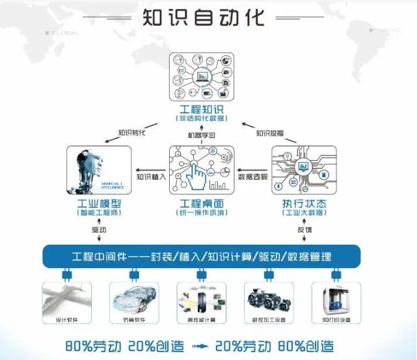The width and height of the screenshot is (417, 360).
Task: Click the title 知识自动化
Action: point(204,17)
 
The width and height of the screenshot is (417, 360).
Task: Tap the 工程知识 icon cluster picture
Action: point(202,77)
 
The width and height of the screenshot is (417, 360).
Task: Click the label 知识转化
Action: point(131,133)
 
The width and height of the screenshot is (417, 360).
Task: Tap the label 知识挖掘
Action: point(270,133)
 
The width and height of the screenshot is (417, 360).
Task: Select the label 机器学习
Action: point(201,135)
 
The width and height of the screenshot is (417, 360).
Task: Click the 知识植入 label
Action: point(151,176)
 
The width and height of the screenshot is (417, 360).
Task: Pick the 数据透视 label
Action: point(252,176)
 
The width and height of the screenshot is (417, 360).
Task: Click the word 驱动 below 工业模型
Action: point(99,230)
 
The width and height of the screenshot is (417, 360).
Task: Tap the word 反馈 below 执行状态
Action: point(304,230)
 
